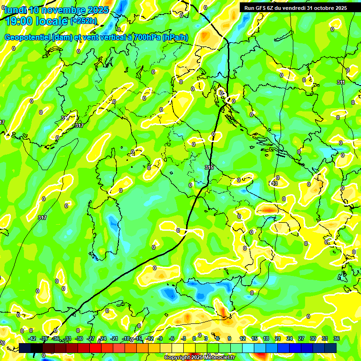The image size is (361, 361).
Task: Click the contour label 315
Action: click(x=209, y=167)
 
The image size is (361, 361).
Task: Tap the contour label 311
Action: click(x=341, y=82)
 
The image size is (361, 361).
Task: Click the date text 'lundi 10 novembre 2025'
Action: click(x=56, y=10)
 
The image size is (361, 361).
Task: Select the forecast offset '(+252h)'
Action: click(x=84, y=21)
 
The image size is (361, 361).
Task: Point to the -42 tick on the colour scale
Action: click(x=32, y=338)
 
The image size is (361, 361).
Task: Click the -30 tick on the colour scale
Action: click(x=79, y=338)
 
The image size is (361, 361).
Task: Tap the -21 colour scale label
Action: click(x=114, y=338)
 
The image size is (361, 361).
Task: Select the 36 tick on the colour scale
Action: click(x=336, y=338)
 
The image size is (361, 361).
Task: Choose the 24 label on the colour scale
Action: click(x=289, y=338)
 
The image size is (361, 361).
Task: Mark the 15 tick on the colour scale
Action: click(x=254, y=338)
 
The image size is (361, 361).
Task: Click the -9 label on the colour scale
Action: click(x=160, y=338)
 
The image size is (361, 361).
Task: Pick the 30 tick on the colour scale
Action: click(x=313, y=338)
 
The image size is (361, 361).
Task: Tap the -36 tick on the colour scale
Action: click(x=56, y=338)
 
